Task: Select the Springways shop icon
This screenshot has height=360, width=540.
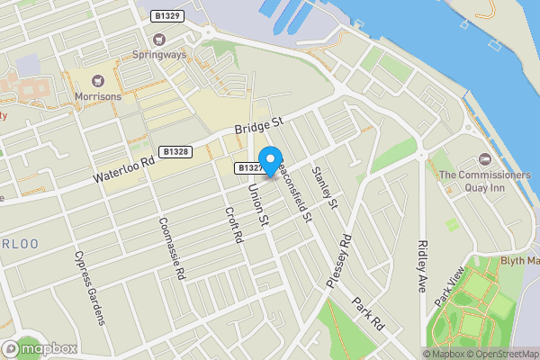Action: (x=160, y=39)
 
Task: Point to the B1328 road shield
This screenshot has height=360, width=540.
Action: (x=175, y=153)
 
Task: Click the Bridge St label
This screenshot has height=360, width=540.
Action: (x=259, y=126)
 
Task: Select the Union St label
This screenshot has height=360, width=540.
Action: (x=259, y=203)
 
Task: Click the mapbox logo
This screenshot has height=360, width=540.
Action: (x=39, y=348)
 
